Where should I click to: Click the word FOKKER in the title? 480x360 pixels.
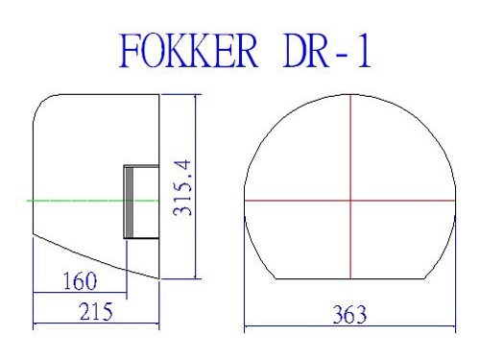pos(188,51)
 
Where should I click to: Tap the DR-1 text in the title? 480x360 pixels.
pos(327,51)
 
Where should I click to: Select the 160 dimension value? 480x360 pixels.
pos(80,281)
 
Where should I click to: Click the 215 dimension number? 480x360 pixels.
pos(96,311)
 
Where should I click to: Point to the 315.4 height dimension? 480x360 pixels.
pos(181,187)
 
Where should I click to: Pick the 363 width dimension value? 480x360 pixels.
pos(349,315)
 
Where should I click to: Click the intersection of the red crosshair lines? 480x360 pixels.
pos(350,201)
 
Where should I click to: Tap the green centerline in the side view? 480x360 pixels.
pos(93,201)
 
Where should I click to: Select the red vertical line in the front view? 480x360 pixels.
pos(350,186)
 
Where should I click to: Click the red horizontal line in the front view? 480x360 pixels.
pos(349,201)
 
